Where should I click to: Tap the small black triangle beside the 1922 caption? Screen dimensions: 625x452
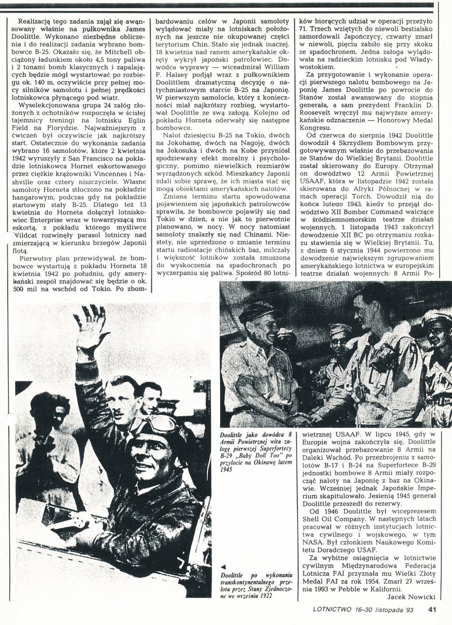[223, 567]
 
